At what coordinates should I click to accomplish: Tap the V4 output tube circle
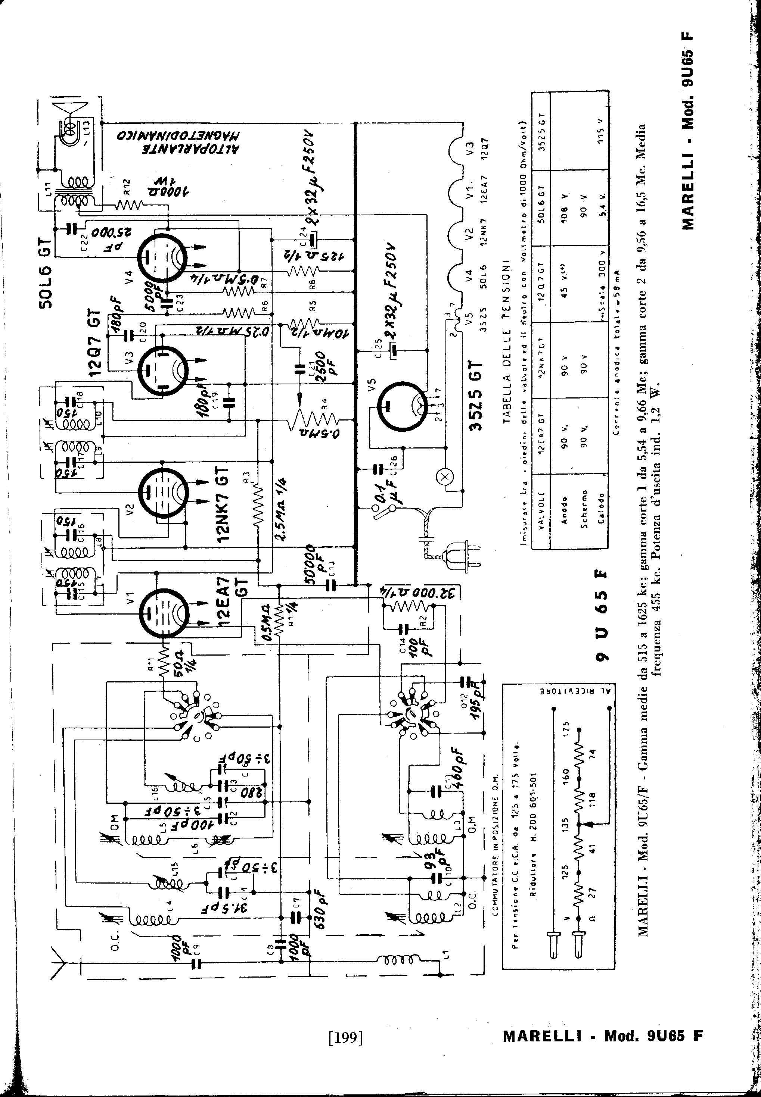pos(162,256)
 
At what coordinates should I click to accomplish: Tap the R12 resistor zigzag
pos(129,205)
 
